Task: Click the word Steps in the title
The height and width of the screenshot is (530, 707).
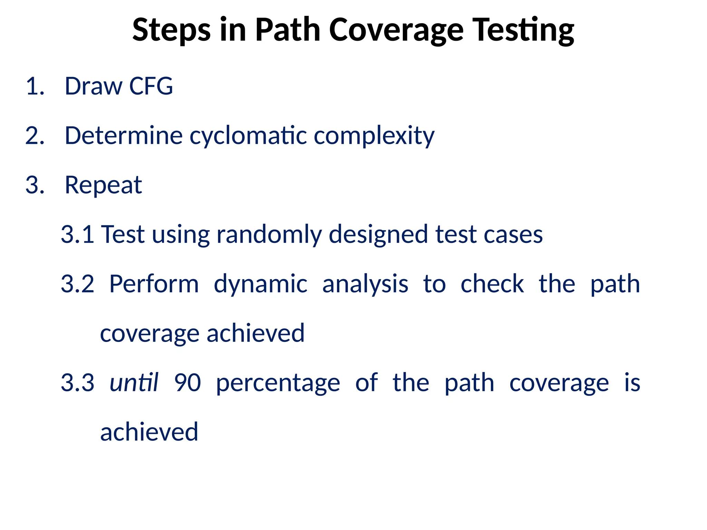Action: (x=171, y=30)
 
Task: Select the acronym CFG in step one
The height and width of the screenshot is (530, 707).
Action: (x=151, y=86)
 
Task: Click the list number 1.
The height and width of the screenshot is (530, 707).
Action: (x=35, y=86)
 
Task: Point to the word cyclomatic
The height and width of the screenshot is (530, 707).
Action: (x=248, y=136)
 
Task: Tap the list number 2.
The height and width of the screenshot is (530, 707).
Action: (x=35, y=136)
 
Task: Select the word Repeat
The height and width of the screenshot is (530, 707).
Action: (x=103, y=185)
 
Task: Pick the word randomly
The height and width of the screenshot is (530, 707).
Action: (x=269, y=235)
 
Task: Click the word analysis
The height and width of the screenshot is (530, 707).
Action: (x=365, y=284)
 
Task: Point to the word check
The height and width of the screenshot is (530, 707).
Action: (x=492, y=284)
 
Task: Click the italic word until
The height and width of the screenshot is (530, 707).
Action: (x=134, y=383)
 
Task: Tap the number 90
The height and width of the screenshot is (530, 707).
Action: (x=187, y=383)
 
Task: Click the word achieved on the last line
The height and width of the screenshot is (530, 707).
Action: (x=149, y=432)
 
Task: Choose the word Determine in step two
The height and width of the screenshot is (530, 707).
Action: (x=123, y=136)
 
